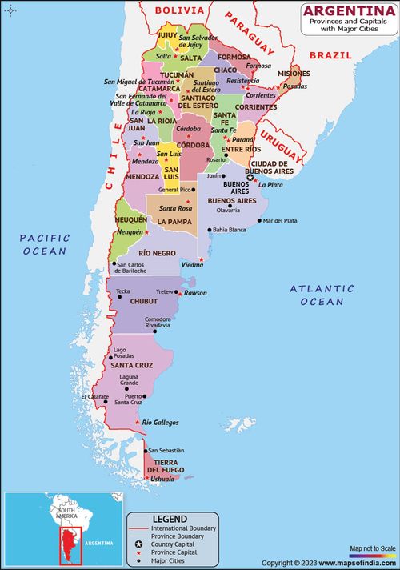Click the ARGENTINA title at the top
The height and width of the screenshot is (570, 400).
coord(348,10)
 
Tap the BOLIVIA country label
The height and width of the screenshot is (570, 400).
coord(179,10)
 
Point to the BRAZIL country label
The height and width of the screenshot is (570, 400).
coord(330,55)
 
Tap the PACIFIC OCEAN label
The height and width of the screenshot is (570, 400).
coord(45,244)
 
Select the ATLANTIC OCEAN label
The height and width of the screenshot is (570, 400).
coord(322,295)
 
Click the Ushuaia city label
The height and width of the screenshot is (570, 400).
coord(162,479)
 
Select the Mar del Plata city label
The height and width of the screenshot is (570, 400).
coord(280,220)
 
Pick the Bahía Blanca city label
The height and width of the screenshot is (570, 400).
coord(230,230)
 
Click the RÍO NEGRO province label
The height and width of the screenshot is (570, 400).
coord(156,253)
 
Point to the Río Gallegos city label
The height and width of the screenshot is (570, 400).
coord(160,422)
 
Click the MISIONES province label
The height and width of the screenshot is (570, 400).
coord(294,74)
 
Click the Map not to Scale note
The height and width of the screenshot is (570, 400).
coord(372,548)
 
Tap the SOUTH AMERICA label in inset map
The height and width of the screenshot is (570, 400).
coord(64,512)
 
